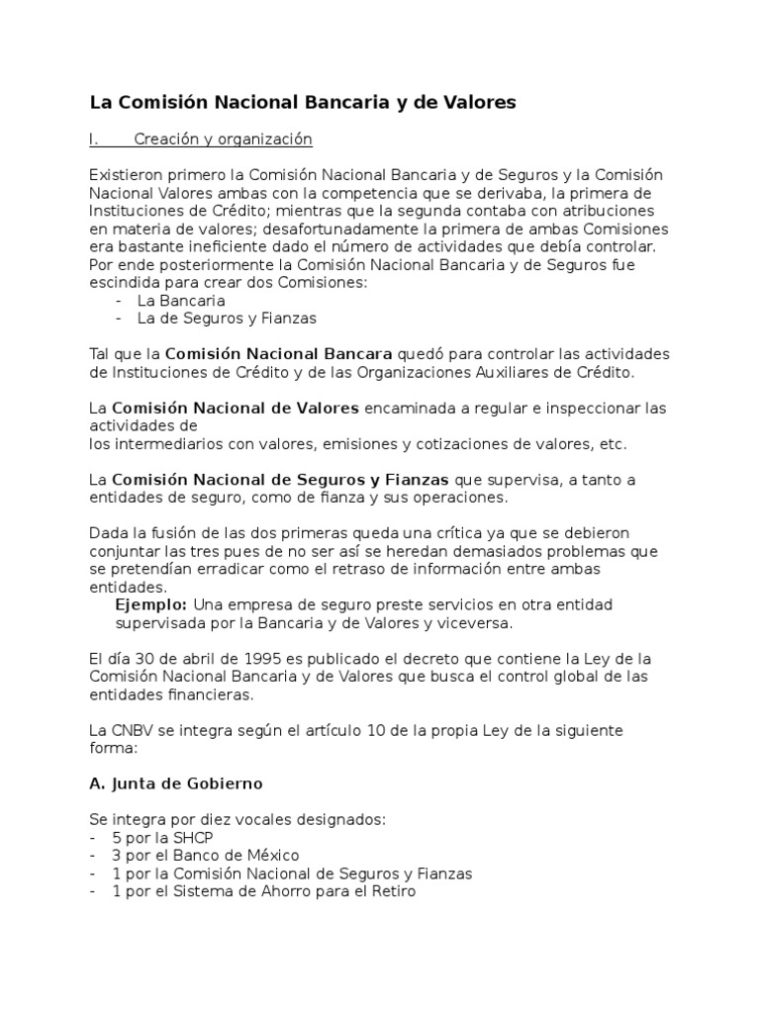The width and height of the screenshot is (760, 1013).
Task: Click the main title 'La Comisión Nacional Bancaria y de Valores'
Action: click(303, 102)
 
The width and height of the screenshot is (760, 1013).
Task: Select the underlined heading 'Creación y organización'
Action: click(223, 139)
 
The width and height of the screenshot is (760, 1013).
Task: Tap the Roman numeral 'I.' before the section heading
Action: click(96, 139)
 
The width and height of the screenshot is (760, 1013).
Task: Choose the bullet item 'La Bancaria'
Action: click(181, 300)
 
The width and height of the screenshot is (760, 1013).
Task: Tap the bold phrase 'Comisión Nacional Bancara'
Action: click(278, 354)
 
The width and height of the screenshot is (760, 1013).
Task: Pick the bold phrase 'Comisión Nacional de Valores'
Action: click(237, 408)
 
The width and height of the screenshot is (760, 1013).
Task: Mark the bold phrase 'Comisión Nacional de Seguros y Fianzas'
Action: click(281, 480)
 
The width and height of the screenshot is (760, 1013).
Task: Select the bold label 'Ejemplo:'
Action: click(151, 604)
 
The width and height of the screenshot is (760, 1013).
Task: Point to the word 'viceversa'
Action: click(477, 623)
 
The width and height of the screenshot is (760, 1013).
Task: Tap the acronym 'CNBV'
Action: click(133, 730)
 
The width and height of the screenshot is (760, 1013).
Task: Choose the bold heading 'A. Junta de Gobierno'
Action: click(175, 783)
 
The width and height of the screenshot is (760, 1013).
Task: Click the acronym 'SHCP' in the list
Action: click(193, 837)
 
